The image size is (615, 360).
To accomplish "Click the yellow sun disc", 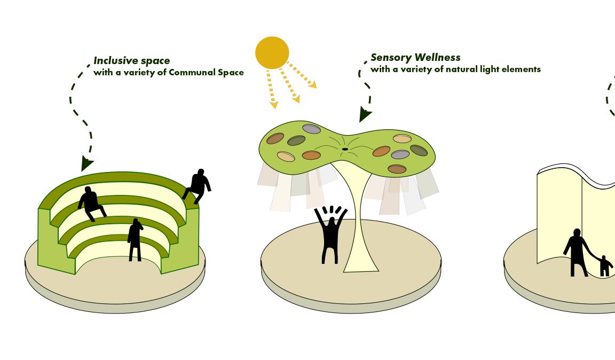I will pyautogui.click(x=272, y=52).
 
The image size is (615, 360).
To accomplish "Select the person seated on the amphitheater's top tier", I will pyautogui.click(x=91, y=202).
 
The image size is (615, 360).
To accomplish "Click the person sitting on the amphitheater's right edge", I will pyautogui.click(x=199, y=185).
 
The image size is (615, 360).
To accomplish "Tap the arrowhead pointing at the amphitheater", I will pyautogui.click(x=86, y=163).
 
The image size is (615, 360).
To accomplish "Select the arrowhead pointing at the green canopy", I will pyautogui.click(x=365, y=114).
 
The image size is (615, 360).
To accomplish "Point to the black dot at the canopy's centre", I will pyautogui.click(x=345, y=149).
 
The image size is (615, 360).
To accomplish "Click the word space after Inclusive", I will pyautogui.click(x=155, y=61).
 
